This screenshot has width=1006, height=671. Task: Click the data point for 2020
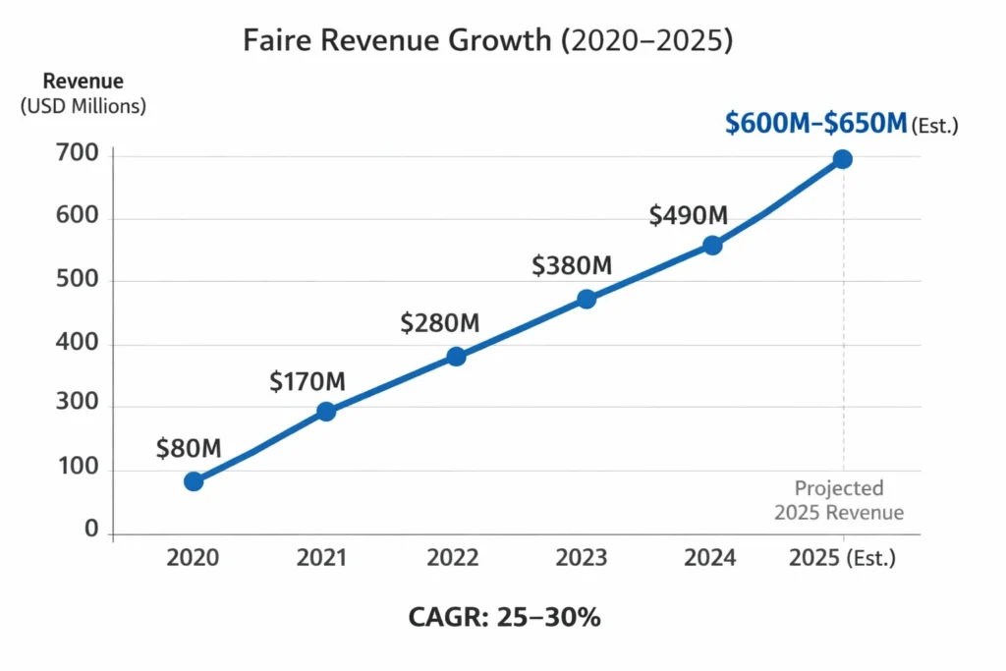pos(194,481)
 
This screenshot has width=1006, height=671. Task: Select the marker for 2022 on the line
pos(456,357)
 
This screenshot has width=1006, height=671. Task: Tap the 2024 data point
pos(712,245)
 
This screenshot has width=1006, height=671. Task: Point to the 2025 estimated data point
pos(842,159)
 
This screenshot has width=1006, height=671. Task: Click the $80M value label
pos(189,449)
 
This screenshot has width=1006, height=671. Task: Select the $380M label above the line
pos(572,265)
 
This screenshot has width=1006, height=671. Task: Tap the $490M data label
pos(688,215)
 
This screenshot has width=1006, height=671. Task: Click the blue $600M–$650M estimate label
pos(814,124)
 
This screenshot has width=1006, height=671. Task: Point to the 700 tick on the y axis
pos(79,154)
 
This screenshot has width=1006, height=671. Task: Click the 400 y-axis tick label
pos(79,345)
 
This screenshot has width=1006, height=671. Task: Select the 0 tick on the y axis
pos(91,531)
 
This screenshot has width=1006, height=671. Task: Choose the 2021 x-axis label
pos(322,558)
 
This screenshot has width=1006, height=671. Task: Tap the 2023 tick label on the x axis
pos(581,558)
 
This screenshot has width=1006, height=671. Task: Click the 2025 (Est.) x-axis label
pos(843,558)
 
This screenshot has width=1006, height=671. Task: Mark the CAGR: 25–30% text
pos(504,618)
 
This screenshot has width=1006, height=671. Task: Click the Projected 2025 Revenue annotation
pos(839,500)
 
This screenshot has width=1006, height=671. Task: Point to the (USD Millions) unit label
pos(83,106)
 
